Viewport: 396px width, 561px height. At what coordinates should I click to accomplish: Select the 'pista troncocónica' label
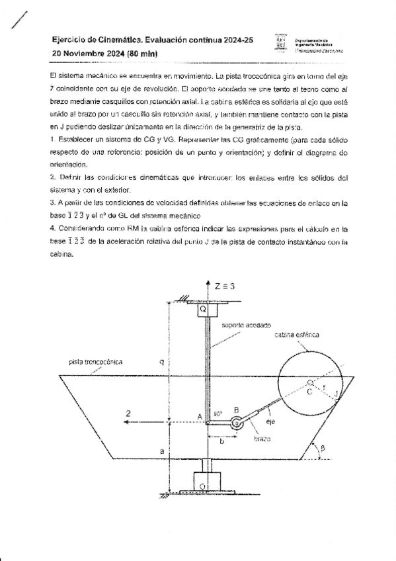click(96, 362)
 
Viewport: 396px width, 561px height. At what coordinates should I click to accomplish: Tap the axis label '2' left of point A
click(130, 413)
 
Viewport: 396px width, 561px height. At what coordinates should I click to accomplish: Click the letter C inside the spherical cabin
click(309, 392)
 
